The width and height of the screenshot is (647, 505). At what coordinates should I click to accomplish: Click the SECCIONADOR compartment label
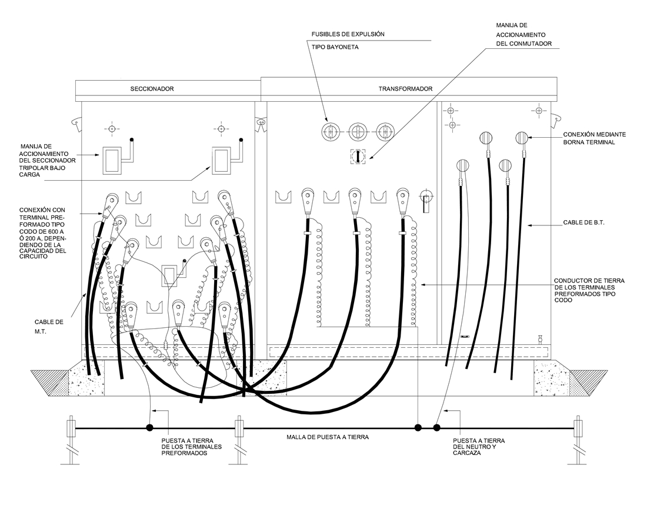click(x=152, y=89)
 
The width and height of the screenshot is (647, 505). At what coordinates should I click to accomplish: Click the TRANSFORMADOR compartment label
click(x=405, y=89)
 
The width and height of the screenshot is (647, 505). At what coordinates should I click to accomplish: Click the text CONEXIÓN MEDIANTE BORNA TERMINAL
click(x=594, y=138)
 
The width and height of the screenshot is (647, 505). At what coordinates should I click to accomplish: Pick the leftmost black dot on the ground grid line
click(x=149, y=428)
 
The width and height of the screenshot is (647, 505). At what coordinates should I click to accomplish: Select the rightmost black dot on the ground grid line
click(x=437, y=428)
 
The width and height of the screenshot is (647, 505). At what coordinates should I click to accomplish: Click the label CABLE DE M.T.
click(x=49, y=327)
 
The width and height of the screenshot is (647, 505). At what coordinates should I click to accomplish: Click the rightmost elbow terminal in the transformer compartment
click(x=403, y=201)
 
